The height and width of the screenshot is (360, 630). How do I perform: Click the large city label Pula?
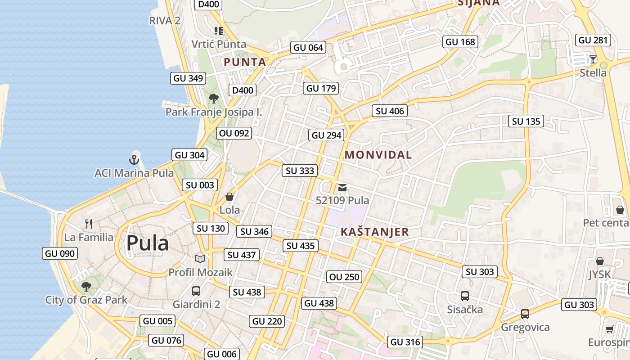point(147,243)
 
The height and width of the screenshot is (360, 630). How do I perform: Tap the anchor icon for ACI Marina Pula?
point(134,159)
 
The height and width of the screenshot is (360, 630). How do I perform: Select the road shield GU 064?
point(308,47)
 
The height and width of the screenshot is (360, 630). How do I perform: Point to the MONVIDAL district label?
point(378,155)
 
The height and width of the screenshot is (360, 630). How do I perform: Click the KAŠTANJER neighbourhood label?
point(375,232)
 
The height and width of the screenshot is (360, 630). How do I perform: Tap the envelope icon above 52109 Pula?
point(343,188)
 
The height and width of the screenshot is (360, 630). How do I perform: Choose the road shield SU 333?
point(300,171)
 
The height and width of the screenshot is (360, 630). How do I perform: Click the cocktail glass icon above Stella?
point(593,59)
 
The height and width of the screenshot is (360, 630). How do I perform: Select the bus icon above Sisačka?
point(465,296)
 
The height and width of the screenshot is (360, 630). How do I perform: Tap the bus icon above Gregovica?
point(525,314)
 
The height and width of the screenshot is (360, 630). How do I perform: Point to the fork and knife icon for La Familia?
point(89,223)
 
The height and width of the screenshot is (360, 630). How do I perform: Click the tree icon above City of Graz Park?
point(86,286)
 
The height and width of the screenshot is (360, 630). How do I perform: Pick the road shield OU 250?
point(345,277)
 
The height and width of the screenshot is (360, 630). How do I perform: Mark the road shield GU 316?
point(405,342)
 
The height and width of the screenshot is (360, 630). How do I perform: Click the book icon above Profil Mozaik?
point(200,259)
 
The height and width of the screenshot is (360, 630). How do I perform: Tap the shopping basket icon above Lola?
point(229,197)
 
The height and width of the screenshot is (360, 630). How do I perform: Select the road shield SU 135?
point(526,121)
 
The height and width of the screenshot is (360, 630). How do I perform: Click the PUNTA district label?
point(245,62)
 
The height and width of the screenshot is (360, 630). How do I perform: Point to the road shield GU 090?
point(60,253)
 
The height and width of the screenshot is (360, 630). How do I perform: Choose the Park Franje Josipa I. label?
point(214,112)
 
